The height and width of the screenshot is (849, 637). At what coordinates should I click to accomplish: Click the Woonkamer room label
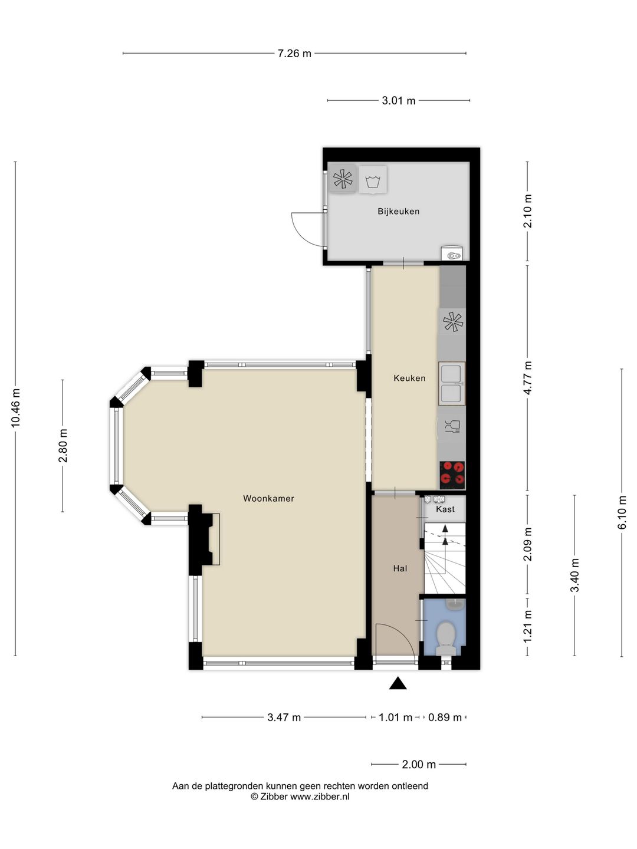[x=268, y=499]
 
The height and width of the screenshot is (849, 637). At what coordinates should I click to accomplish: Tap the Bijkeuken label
[x=398, y=211]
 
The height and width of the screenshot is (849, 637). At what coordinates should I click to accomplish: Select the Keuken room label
[x=409, y=378]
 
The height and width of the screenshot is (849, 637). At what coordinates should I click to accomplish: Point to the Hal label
[x=400, y=568]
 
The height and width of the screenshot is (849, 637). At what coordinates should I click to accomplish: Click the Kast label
[x=445, y=509]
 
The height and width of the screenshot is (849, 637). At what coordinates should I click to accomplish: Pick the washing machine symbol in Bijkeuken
[x=372, y=180]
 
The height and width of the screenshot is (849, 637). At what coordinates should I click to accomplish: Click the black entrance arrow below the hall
[x=398, y=683]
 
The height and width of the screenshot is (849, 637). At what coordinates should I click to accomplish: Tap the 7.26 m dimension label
[x=294, y=54]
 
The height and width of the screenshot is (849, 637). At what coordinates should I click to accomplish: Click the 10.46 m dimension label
[x=15, y=408]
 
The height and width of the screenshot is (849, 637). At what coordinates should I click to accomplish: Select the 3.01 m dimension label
[x=398, y=101]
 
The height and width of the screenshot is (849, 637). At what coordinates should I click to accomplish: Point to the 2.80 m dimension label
[x=63, y=446]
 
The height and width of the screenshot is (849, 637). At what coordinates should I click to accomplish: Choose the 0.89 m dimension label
[x=445, y=718]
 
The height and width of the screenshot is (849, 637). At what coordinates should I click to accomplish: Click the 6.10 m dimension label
[x=622, y=512]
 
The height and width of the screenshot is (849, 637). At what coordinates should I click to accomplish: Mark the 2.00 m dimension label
[x=419, y=764]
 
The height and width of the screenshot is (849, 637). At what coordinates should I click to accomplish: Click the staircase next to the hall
[x=445, y=558]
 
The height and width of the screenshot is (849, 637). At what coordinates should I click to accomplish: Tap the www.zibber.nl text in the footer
[x=320, y=797]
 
